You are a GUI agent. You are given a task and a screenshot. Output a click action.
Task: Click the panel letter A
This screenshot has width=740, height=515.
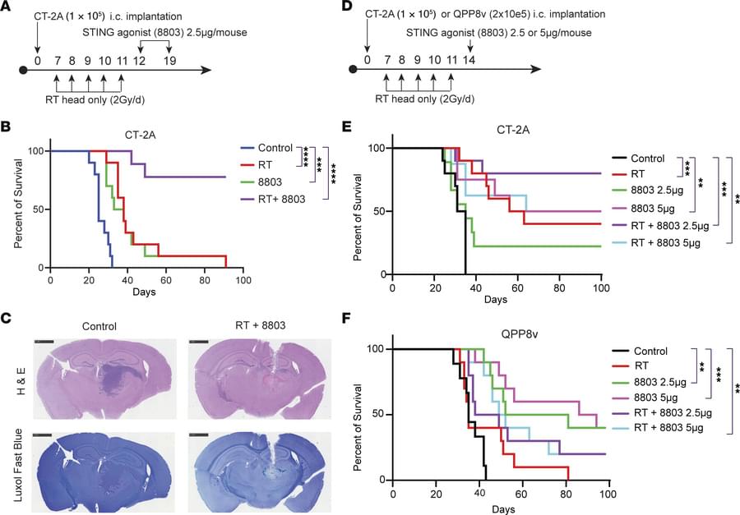(x=7, y=8)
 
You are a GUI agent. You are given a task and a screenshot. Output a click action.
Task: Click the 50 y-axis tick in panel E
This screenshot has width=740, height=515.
(x=377, y=211)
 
